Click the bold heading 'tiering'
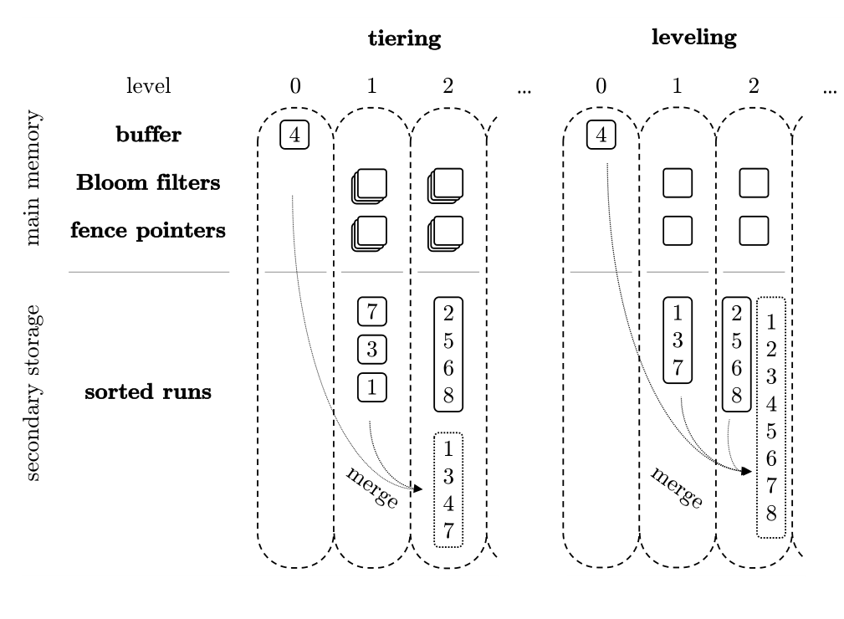404,39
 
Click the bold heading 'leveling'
693,38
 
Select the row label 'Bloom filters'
148,183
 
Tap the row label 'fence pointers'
148,231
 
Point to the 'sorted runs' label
148,392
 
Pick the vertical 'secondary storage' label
34,398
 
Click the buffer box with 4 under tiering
294,134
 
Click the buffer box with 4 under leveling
601,134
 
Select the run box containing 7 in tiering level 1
371,311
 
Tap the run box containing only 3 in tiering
371,349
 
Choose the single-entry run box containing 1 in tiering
371,386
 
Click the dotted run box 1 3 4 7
448,489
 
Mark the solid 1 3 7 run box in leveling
678,340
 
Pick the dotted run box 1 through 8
770,417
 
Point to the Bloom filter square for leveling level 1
678,183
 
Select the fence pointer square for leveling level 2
754,230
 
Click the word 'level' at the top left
148,86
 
